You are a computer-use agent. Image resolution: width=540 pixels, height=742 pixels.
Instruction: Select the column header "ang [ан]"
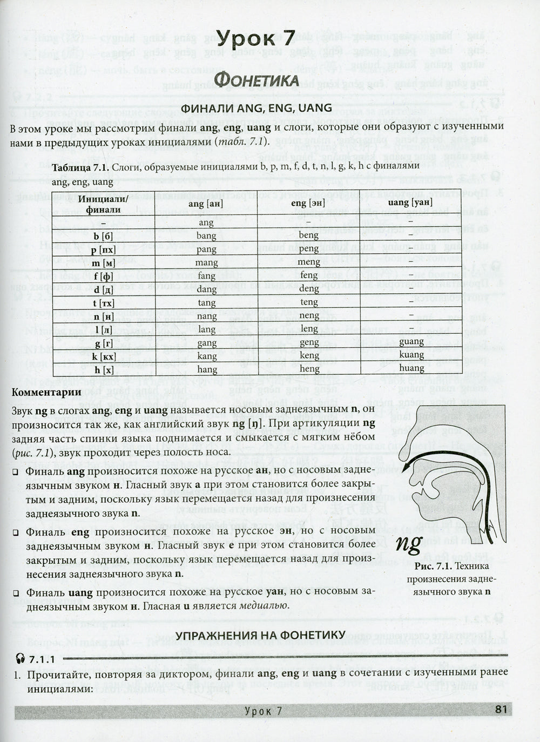(x=206, y=204)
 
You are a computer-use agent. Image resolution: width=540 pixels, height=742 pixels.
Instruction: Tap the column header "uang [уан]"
(x=410, y=203)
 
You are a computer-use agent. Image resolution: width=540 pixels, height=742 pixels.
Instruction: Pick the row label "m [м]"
(x=103, y=262)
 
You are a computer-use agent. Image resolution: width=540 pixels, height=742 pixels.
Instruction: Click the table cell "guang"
(x=411, y=342)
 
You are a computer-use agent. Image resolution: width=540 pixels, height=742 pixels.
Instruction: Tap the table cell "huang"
(x=411, y=369)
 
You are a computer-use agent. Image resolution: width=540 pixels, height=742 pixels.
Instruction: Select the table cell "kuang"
(x=411, y=355)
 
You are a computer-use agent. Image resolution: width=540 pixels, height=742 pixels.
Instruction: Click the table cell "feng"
(x=309, y=275)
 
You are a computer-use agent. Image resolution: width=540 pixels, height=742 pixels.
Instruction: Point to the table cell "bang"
(x=206, y=236)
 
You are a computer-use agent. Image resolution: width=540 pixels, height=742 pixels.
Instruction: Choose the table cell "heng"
(x=309, y=369)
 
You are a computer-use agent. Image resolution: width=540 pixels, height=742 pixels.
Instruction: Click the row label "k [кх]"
(x=103, y=356)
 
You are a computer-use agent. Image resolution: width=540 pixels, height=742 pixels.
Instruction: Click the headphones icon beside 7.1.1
(x=22, y=659)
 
